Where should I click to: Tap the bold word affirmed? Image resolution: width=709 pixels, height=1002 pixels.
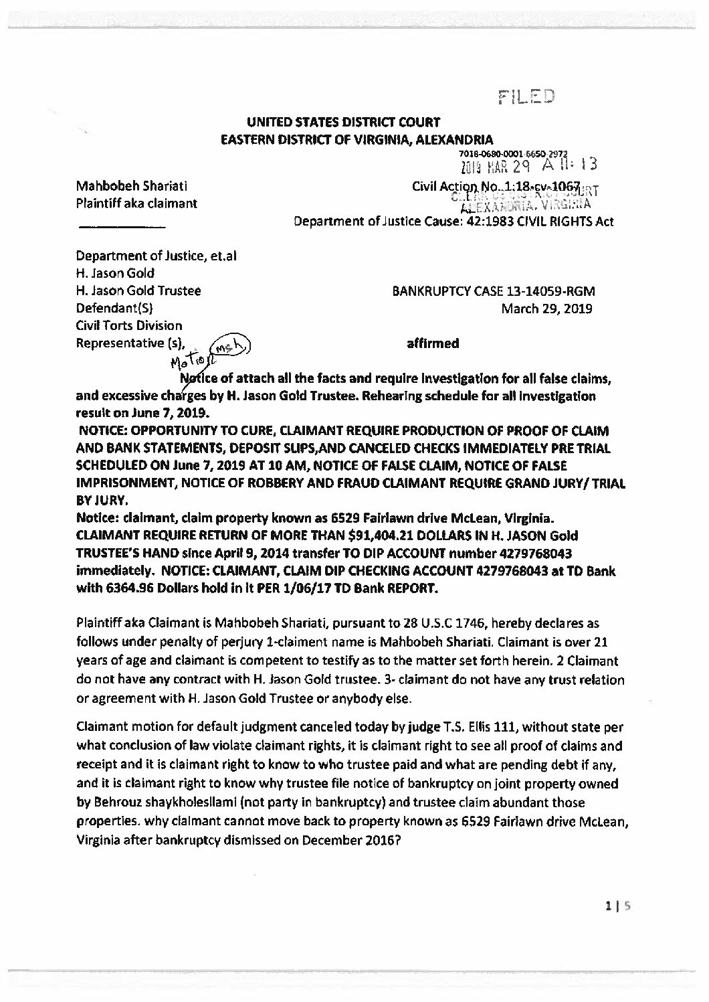(x=433, y=343)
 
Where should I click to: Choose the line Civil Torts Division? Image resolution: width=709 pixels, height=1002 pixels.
(x=130, y=326)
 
